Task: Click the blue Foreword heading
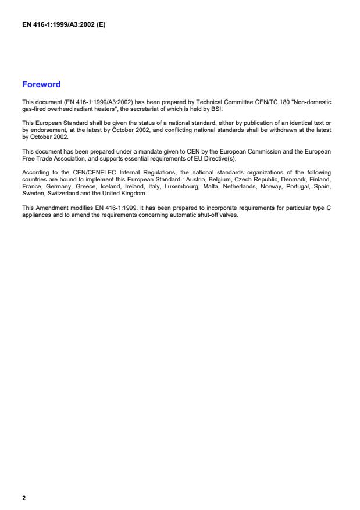(41, 84)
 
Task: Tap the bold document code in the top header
(63, 25)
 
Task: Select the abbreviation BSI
(216, 109)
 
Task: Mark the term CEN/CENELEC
(79, 172)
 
